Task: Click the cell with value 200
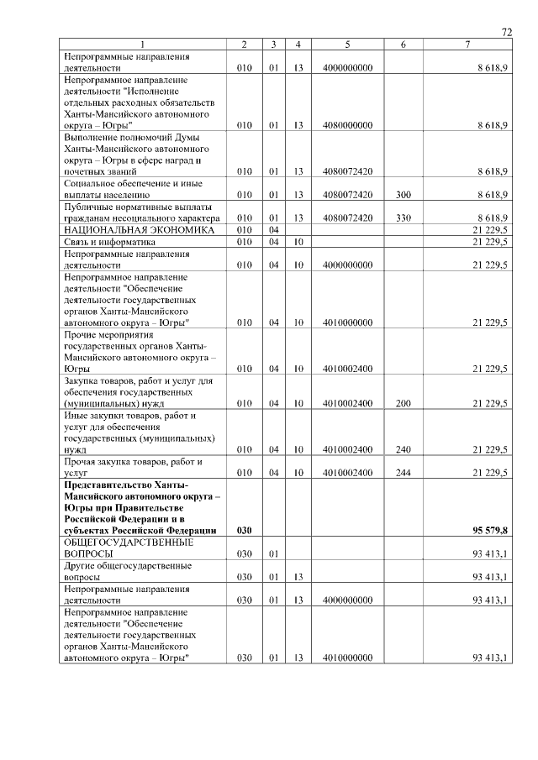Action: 403,404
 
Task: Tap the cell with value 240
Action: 403,450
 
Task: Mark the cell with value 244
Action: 403,474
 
